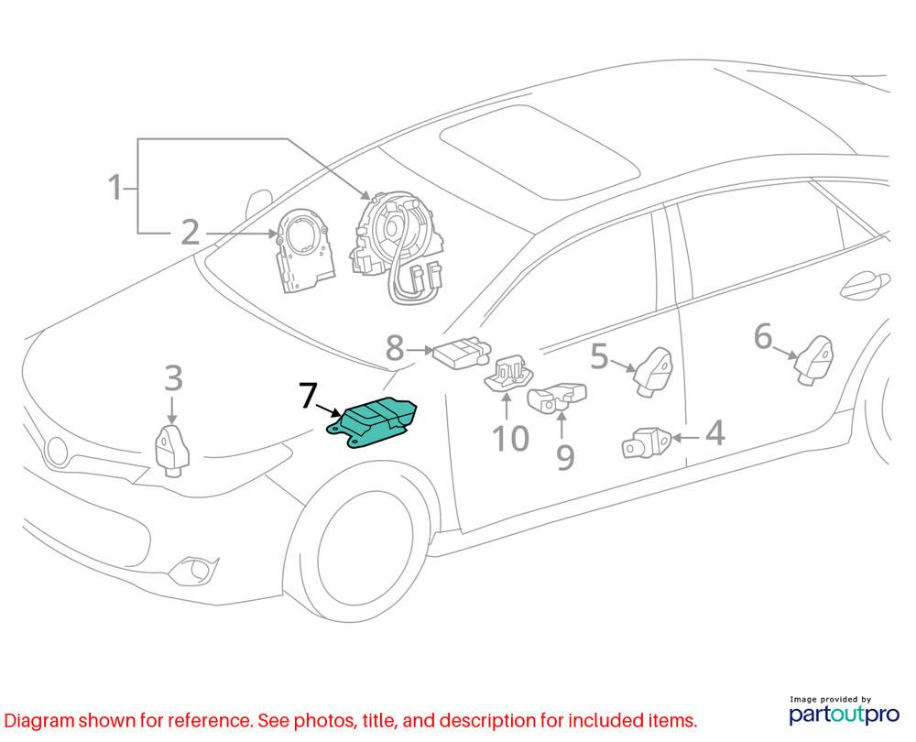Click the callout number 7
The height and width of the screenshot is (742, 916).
[x=308, y=397]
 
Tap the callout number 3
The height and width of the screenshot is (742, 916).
[x=173, y=377]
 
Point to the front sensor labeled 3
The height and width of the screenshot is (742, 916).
[x=171, y=449]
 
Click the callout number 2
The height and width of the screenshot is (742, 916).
[x=190, y=233]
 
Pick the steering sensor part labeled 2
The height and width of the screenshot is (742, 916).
[x=302, y=251]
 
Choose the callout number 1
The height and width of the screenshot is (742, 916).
[x=115, y=189]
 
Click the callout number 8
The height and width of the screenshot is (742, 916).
[x=394, y=348]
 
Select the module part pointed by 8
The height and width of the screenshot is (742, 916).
[x=463, y=354]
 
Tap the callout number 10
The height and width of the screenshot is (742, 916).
[x=510, y=439]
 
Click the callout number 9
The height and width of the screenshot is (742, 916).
[x=565, y=455]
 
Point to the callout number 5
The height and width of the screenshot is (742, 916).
[x=599, y=356]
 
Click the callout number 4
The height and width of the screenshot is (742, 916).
[x=714, y=433]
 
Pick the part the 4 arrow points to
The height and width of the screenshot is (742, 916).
[x=649, y=442]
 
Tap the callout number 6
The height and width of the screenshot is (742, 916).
[x=763, y=337]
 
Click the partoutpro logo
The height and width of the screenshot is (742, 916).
[x=843, y=712]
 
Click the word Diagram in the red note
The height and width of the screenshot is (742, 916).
[x=39, y=720]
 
